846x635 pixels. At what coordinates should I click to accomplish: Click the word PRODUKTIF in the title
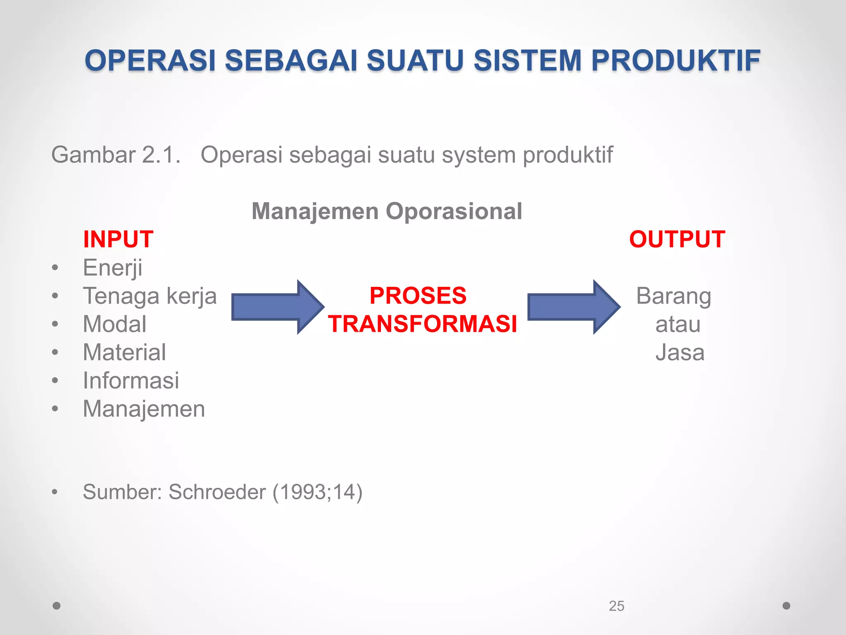pyautogui.click(x=675, y=61)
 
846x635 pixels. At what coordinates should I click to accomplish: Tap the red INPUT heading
pyautogui.click(x=118, y=239)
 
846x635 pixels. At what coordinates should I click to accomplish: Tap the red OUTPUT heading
pyautogui.click(x=677, y=239)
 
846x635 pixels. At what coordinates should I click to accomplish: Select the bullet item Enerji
pyautogui.click(x=112, y=268)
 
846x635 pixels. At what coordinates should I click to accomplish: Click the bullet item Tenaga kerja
pyautogui.click(x=150, y=296)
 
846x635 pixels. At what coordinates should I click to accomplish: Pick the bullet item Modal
pyautogui.click(x=114, y=324)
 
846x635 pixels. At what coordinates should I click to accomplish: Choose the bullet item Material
pyautogui.click(x=124, y=352)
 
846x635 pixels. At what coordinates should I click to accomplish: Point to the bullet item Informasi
pyautogui.click(x=131, y=380)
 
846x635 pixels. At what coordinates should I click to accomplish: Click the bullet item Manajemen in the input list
pyautogui.click(x=144, y=409)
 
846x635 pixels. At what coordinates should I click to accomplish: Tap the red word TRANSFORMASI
pyautogui.click(x=422, y=324)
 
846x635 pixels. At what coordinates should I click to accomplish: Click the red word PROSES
pyautogui.click(x=418, y=296)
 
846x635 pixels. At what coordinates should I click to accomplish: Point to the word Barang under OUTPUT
pyautogui.click(x=673, y=296)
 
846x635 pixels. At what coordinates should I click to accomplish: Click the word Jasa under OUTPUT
pyautogui.click(x=680, y=353)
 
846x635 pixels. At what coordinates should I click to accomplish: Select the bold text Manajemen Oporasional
pyautogui.click(x=387, y=211)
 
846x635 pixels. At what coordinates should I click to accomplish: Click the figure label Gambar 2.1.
pyautogui.click(x=116, y=155)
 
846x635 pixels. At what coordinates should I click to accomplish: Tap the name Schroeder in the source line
pyautogui.click(x=217, y=492)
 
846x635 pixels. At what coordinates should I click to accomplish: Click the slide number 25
pyautogui.click(x=616, y=606)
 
